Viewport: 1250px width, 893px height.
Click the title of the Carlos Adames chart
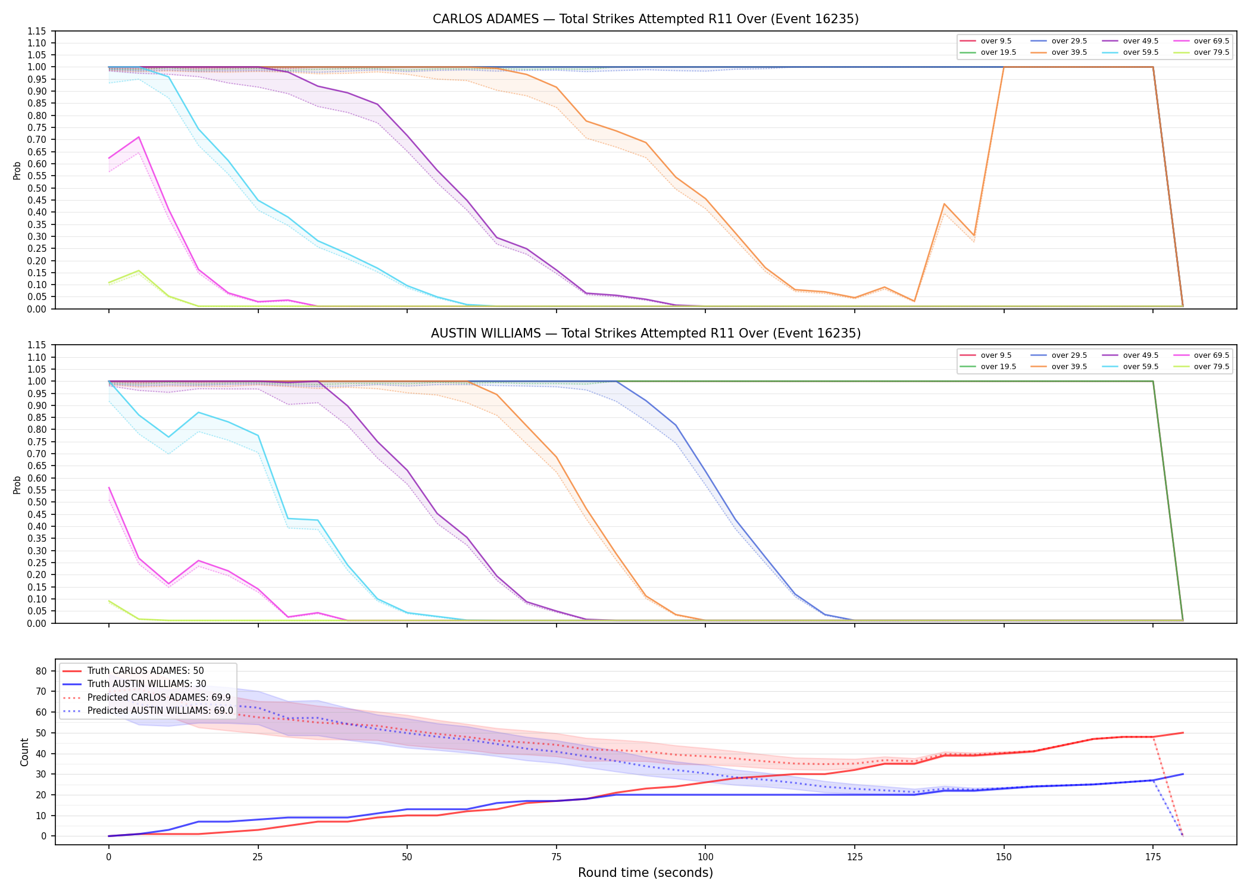tap(645, 19)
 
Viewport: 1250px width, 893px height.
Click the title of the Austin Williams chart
tap(645, 333)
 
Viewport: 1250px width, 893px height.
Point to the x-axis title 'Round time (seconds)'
tap(645, 873)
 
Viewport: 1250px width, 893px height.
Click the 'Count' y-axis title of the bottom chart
tap(24, 752)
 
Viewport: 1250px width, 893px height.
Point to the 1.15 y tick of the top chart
tap(37, 31)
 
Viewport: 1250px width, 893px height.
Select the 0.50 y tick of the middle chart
tap(37, 502)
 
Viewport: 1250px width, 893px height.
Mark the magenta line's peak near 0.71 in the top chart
tap(139, 137)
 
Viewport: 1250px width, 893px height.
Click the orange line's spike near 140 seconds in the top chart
tap(944, 204)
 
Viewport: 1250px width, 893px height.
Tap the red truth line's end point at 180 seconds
tap(1183, 733)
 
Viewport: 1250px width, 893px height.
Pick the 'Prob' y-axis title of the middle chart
tap(17, 485)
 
